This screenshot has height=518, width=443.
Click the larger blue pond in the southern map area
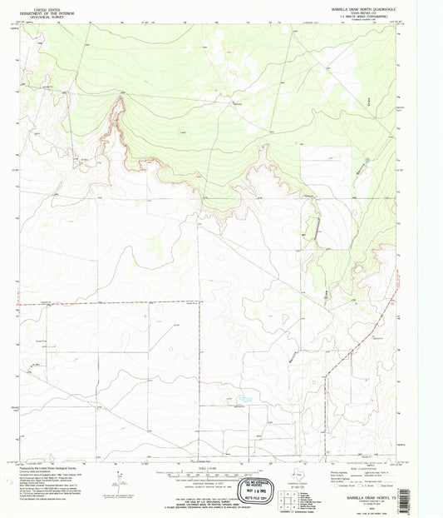(x=244, y=400)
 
